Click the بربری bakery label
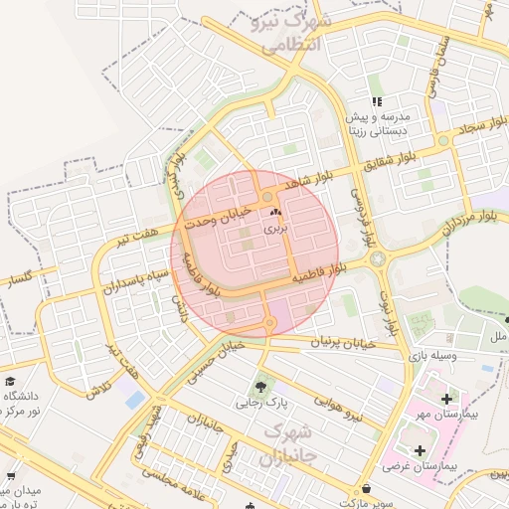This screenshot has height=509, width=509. [x=275, y=229]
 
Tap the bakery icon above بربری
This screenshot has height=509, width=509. [x=275, y=213]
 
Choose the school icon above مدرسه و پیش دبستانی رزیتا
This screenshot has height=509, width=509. [x=376, y=101]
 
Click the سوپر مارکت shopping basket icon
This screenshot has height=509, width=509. [x=370, y=489]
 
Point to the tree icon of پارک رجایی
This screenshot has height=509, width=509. [x=261, y=387]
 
